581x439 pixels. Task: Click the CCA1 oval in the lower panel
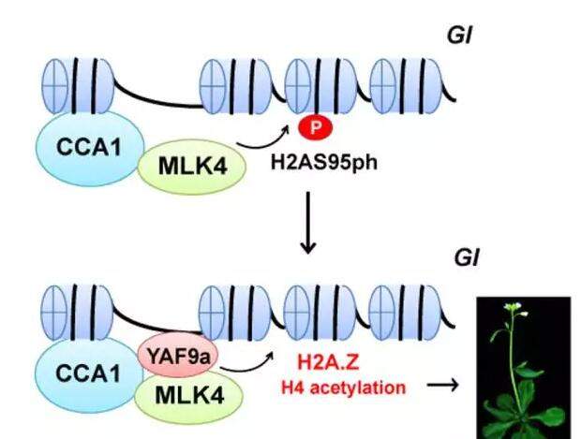pyautogui.click(x=84, y=373)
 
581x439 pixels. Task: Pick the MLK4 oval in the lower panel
pyautogui.click(x=192, y=395)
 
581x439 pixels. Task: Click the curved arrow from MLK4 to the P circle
pyautogui.click(x=263, y=138)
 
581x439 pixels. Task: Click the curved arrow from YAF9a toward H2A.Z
pyautogui.click(x=246, y=360)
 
